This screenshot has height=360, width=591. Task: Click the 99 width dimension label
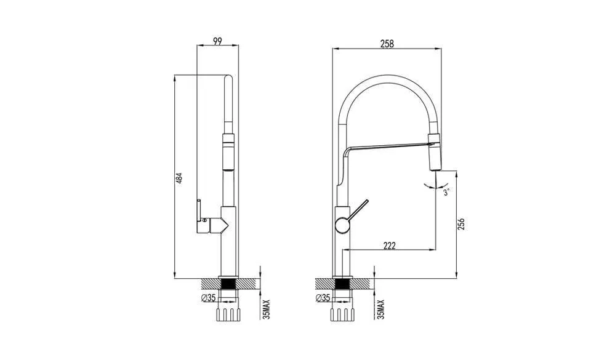pyautogui.click(x=217, y=41)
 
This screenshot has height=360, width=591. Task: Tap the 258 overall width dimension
pyautogui.click(x=387, y=44)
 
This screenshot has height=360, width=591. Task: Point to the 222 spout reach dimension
pyautogui.click(x=389, y=245)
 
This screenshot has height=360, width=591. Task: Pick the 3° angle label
pyautogui.click(x=448, y=192)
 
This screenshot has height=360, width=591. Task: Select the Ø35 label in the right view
pyautogui.click(x=323, y=298)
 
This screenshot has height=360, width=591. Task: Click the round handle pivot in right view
pyautogui.click(x=342, y=226)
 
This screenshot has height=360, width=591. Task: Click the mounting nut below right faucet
pyautogui.click(x=342, y=314)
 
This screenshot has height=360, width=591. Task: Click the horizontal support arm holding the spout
pyautogui.click(x=388, y=146)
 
